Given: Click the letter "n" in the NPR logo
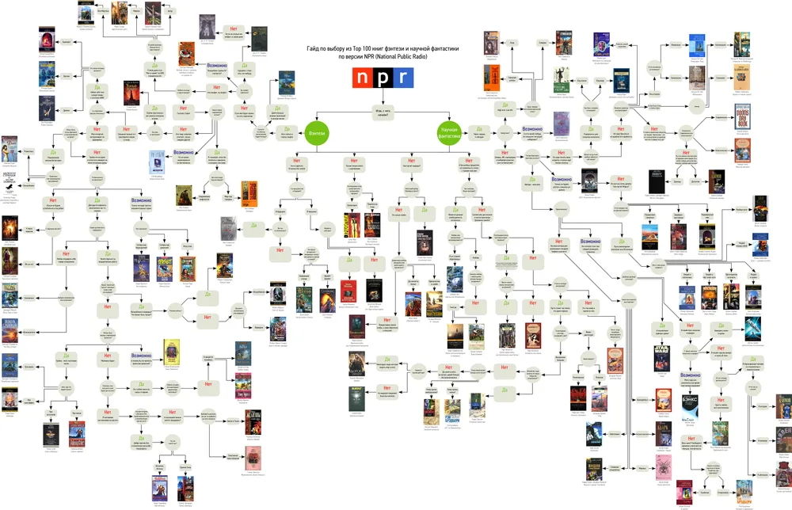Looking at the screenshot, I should point(364,77).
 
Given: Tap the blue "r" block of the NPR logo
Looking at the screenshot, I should point(403,77).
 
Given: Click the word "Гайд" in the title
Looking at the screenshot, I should point(314,49).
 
